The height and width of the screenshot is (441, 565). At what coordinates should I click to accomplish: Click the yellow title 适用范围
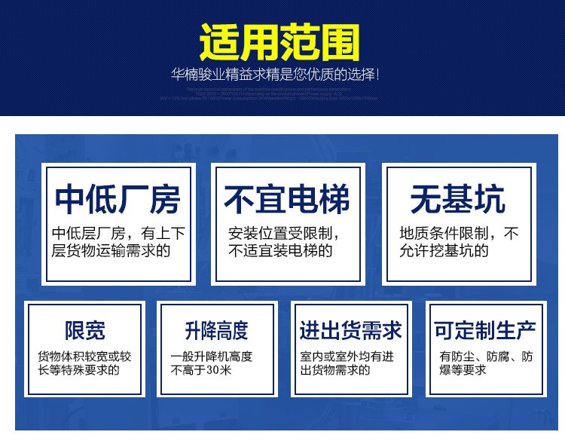(x=279, y=42)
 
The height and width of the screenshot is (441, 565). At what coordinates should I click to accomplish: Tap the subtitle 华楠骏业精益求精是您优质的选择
(x=274, y=75)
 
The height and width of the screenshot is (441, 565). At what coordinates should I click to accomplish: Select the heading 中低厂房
(x=118, y=200)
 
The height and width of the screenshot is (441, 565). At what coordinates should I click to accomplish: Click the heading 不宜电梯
(x=287, y=200)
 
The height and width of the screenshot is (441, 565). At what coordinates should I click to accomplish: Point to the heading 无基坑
(x=457, y=200)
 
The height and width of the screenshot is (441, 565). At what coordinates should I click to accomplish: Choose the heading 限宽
(x=84, y=330)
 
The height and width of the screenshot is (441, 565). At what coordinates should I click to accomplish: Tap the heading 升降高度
(x=216, y=330)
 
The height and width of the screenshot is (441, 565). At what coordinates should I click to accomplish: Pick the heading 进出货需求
(x=350, y=330)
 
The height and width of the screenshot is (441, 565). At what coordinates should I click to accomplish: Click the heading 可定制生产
(x=484, y=330)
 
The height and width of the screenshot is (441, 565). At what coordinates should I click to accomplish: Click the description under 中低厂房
(x=118, y=242)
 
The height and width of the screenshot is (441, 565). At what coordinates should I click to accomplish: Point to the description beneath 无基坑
(x=458, y=242)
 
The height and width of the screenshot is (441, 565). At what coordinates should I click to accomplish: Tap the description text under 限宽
(x=84, y=363)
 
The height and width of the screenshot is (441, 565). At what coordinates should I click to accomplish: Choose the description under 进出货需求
(x=347, y=363)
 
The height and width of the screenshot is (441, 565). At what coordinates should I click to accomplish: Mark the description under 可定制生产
(x=486, y=363)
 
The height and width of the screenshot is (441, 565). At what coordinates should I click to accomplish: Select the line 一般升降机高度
(x=212, y=356)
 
